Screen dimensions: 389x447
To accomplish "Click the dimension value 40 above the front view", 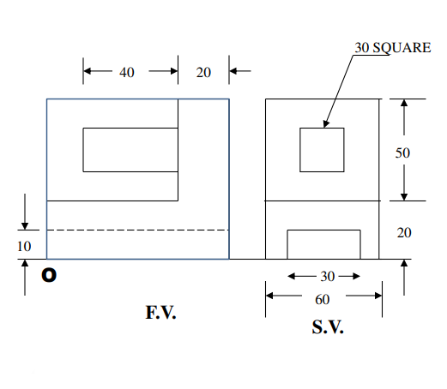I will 126,73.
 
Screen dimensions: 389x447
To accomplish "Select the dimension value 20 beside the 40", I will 203,73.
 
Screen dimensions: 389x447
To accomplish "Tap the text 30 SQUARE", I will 393,47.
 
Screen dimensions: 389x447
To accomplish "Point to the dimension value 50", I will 402,153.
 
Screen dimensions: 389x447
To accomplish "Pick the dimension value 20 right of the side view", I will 402,232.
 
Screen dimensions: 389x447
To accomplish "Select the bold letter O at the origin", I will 50,276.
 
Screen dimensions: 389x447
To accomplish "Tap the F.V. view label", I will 160,314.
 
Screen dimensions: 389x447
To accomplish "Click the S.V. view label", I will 327,327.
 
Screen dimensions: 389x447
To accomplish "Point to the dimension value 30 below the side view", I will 328,277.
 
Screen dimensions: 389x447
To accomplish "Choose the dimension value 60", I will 323,298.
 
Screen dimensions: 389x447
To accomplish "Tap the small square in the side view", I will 322,150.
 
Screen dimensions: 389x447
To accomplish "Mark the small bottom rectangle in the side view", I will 323,244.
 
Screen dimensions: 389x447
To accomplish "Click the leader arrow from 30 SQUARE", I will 340,91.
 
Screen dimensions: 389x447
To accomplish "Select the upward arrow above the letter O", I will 26,278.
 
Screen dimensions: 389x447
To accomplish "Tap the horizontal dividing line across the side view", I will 322,201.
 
